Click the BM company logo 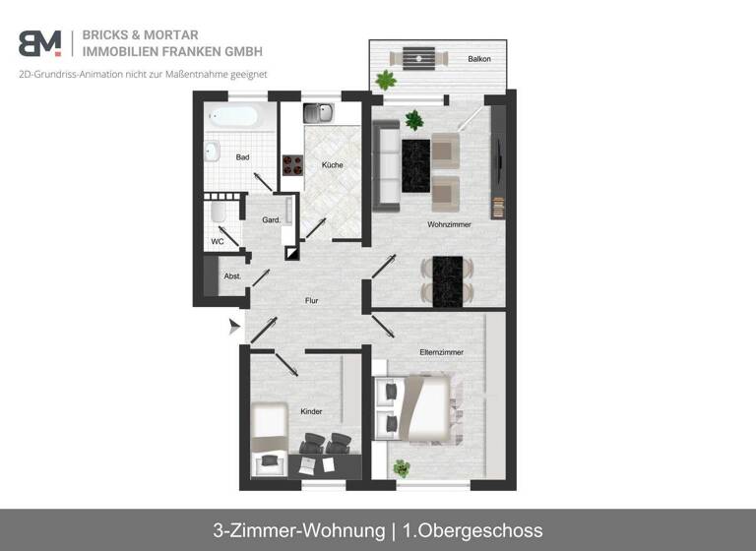(x=39, y=43)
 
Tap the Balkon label (x=479, y=59)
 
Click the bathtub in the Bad (x=233, y=117)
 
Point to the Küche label (x=332, y=164)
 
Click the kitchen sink (x=318, y=113)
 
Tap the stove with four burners (x=292, y=164)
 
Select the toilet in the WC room (x=219, y=212)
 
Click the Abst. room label (x=232, y=276)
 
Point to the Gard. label (x=271, y=220)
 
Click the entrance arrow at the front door (x=234, y=327)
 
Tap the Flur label (x=311, y=301)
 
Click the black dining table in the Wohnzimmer (x=448, y=280)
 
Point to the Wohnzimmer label (x=449, y=224)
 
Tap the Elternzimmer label (x=439, y=351)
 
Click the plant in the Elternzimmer (x=401, y=468)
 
